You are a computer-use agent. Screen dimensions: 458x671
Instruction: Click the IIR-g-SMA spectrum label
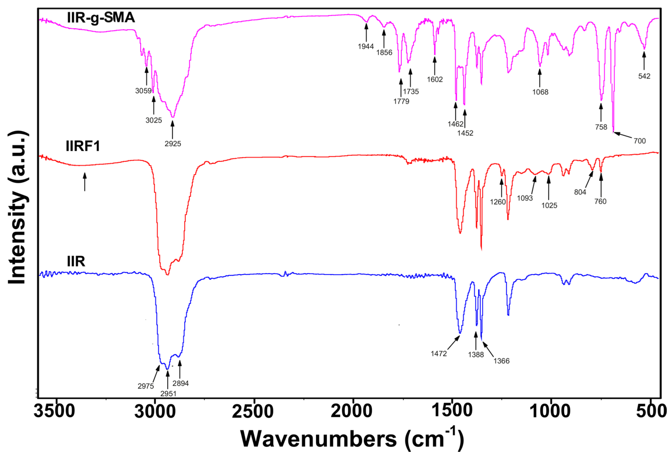101,18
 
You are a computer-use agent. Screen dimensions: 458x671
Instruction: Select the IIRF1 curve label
83,146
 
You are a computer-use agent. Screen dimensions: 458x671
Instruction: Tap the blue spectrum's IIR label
76,262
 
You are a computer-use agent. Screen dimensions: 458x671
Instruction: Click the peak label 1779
401,101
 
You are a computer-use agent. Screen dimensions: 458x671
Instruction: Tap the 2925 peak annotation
173,144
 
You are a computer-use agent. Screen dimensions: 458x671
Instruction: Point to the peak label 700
639,141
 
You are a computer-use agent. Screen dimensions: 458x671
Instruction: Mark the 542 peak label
644,76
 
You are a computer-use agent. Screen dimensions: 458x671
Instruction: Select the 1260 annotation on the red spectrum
498,202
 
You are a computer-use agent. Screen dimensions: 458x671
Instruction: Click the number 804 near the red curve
580,192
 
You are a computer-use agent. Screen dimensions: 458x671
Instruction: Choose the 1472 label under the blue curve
439,354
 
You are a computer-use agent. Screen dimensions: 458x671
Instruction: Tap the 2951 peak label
168,394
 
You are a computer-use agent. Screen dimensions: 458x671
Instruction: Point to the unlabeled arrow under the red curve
85,182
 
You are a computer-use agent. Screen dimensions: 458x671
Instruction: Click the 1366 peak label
501,361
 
